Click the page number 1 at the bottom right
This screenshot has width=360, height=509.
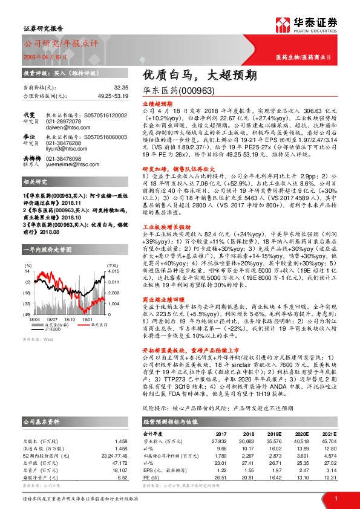[334, 498]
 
